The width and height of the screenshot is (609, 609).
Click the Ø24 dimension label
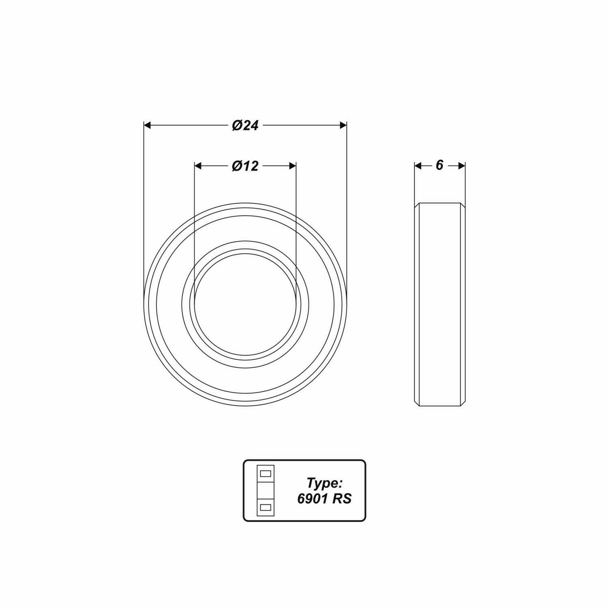click(245, 125)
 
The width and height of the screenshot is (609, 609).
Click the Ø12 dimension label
click(245, 166)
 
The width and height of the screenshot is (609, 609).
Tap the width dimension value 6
click(439, 165)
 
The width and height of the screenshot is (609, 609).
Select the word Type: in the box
click(325, 483)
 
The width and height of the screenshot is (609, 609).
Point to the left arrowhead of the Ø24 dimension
click(147, 125)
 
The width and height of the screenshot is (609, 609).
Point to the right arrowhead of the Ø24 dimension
click(343, 125)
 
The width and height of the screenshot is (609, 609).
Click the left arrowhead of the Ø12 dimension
click(198, 166)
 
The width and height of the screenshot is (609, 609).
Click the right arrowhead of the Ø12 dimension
click(292, 166)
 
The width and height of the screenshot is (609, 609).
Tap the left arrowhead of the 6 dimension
click(418, 166)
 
